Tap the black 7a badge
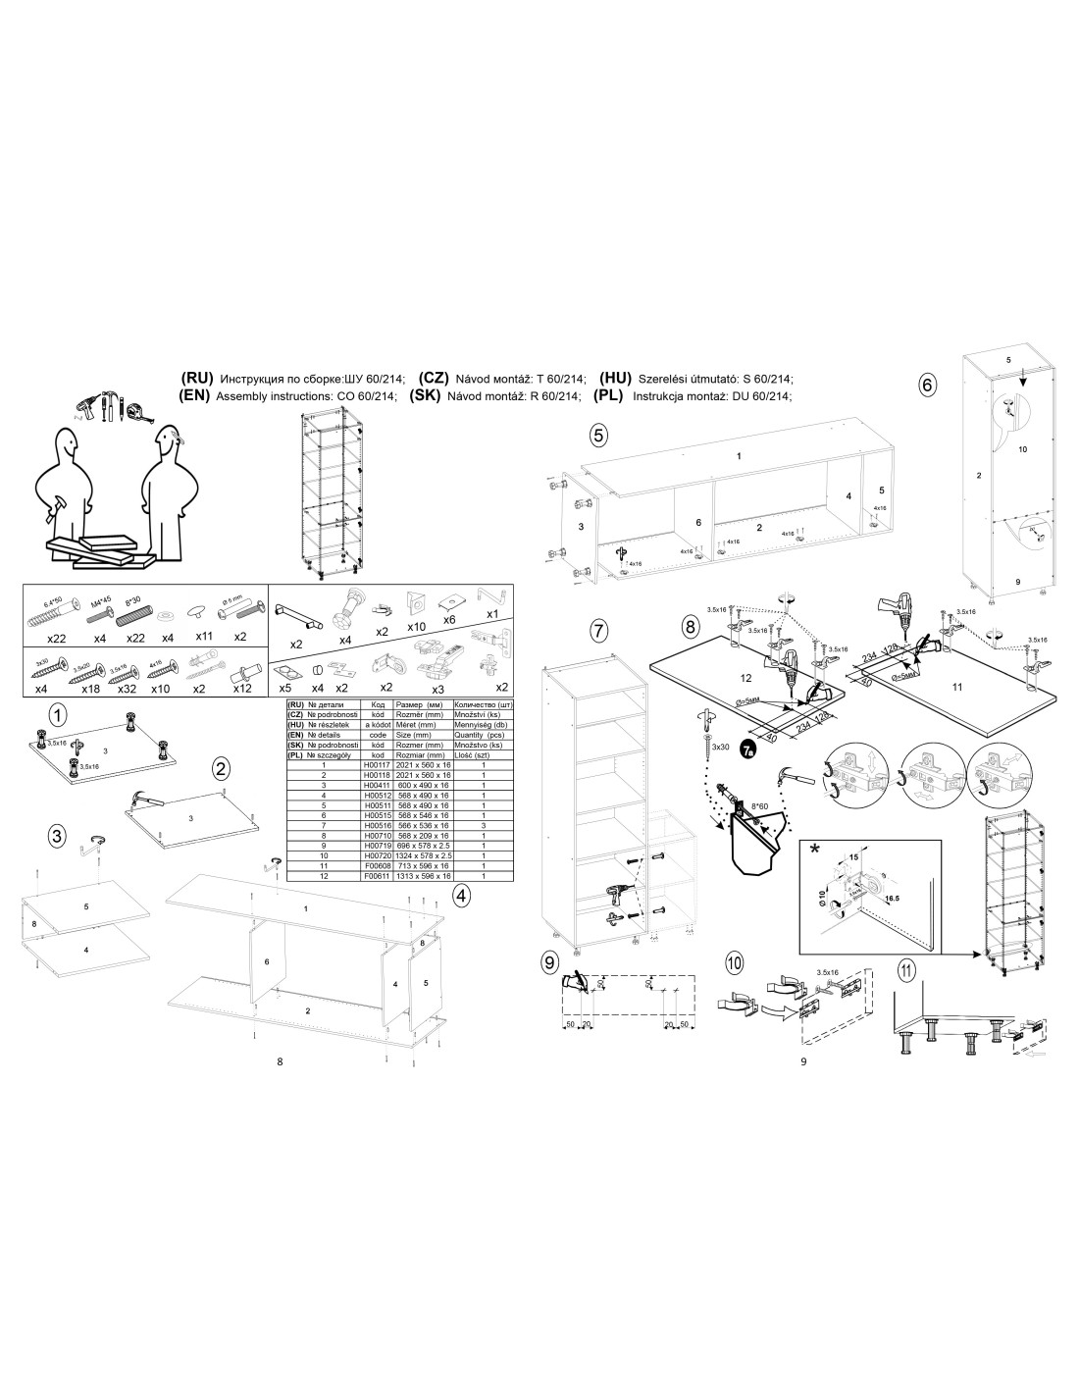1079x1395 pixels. (x=749, y=750)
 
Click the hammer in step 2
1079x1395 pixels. (x=144, y=801)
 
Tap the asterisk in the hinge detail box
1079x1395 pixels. (x=816, y=851)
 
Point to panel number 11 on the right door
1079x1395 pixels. (x=958, y=687)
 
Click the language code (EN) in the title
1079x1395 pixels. (x=196, y=396)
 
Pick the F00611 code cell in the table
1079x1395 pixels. (x=377, y=875)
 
